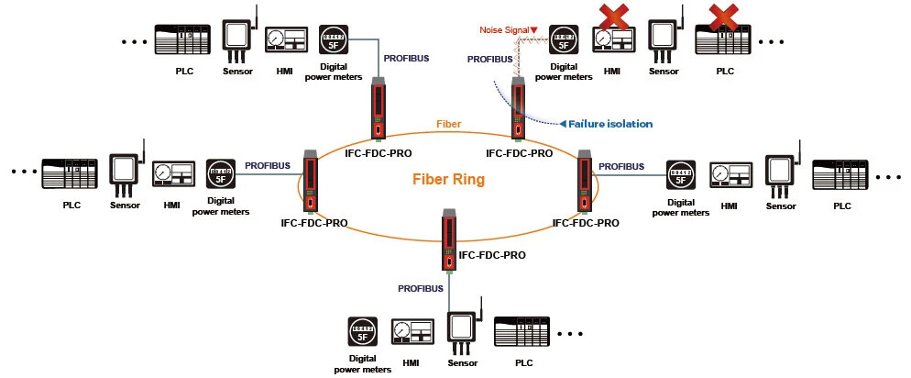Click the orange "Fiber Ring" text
pos(448,180)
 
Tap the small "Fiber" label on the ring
pos(448,123)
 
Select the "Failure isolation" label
pos(610,124)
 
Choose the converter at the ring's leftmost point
pos(311,179)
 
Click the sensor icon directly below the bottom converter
pos(463,331)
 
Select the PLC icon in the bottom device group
pos(523,332)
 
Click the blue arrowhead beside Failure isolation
pos(563,124)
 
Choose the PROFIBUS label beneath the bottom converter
pos(421,288)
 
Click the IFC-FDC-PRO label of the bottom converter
pos(492,256)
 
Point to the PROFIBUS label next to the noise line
pos(489,59)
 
